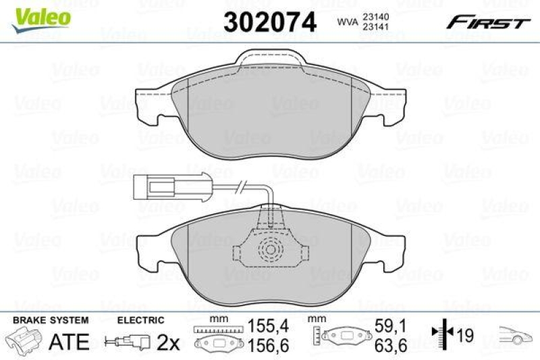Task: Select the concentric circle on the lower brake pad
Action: click(x=270, y=251)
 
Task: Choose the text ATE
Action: click(x=70, y=342)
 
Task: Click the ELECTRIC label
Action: click(x=141, y=320)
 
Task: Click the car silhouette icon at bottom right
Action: click(x=516, y=334)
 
